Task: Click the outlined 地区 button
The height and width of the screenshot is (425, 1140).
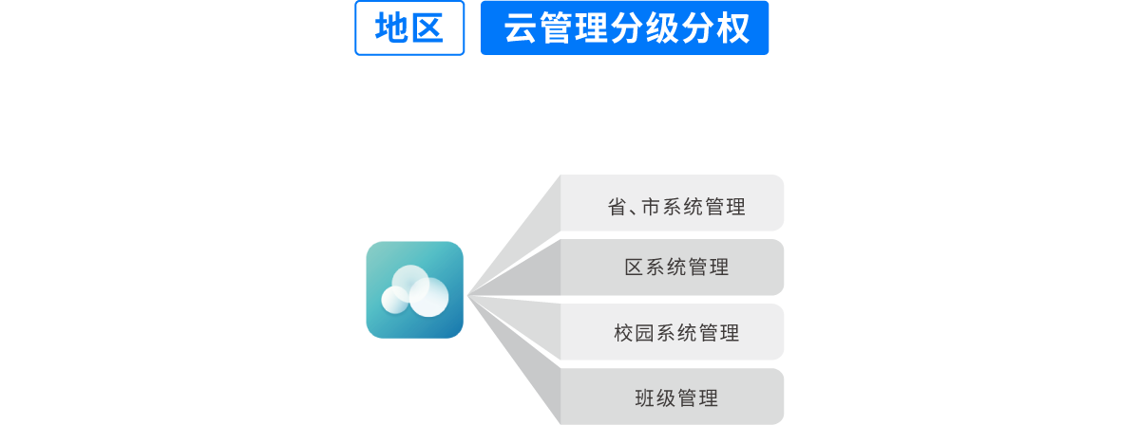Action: [x=409, y=28]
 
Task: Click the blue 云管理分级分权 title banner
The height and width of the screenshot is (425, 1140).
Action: [x=624, y=28]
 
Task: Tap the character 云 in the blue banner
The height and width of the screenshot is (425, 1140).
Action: [x=519, y=28]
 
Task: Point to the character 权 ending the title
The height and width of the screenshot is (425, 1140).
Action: [x=732, y=28]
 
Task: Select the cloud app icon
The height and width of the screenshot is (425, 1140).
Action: [x=414, y=289]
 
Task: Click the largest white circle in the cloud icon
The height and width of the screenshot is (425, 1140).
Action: [x=429, y=296]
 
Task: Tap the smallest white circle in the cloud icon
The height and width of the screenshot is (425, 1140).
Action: [x=394, y=300]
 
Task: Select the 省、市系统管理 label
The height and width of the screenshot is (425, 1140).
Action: [x=676, y=207]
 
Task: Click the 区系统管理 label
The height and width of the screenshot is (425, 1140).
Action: [x=676, y=268]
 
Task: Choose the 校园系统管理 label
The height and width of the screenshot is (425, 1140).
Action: [x=676, y=333]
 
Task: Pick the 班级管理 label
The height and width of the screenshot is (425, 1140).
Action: [x=676, y=397]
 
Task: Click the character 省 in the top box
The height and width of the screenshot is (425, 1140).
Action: [x=617, y=207]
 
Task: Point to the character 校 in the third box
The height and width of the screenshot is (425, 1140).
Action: [x=624, y=333]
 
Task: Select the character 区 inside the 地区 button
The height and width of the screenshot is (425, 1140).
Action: [x=427, y=28]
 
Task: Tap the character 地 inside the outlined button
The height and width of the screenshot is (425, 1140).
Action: [x=390, y=28]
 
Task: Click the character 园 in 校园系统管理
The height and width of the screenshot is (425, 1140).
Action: [x=646, y=333]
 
